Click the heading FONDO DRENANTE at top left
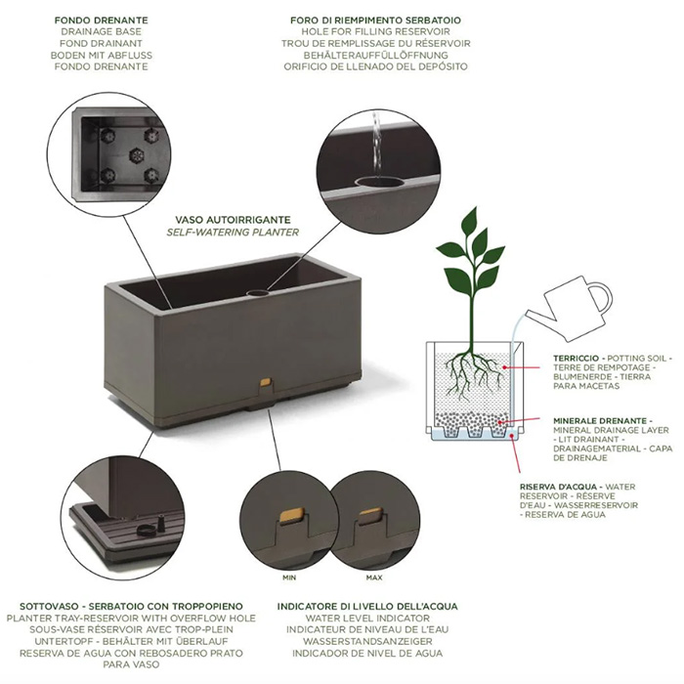(x=102, y=21)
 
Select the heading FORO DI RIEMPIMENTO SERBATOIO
(x=375, y=21)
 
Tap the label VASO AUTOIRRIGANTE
(x=233, y=220)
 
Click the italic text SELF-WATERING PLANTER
(x=233, y=233)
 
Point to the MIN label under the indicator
(x=289, y=577)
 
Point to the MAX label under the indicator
(x=374, y=577)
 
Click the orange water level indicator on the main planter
(x=265, y=383)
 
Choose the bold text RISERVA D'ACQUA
(x=558, y=487)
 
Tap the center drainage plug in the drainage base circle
(x=137, y=154)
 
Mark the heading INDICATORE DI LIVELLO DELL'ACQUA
(x=367, y=607)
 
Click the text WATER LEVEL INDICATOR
(x=367, y=619)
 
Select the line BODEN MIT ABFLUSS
(x=102, y=56)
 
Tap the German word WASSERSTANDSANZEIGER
(x=367, y=642)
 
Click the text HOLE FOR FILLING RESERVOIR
(x=375, y=32)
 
